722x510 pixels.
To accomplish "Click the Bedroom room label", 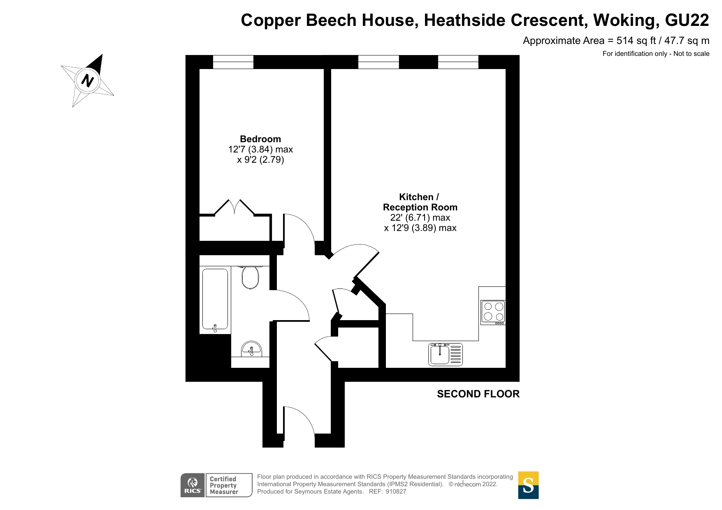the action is (x=260, y=139).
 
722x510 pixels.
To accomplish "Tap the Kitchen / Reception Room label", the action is (x=420, y=202).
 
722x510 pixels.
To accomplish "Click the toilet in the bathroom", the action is (x=250, y=277).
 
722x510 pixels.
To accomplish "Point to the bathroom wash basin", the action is (x=251, y=349).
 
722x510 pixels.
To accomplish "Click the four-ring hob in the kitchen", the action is (x=493, y=312).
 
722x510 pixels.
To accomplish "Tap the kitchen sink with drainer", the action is (x=446, y=354).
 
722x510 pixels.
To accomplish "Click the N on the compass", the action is (x=87, y=80).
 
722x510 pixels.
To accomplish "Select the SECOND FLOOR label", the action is (x=478, y=394).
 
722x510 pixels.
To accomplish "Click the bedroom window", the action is (x=233, y=62).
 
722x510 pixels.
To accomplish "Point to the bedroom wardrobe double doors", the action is (x=234, y=207).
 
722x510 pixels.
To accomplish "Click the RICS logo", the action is (x=193, y=485).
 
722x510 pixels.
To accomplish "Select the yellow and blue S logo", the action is (x=528, y=485).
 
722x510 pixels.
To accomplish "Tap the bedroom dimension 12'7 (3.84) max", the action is (x=260, y=149).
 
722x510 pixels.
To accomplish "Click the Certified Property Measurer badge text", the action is (x=224, y=485).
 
